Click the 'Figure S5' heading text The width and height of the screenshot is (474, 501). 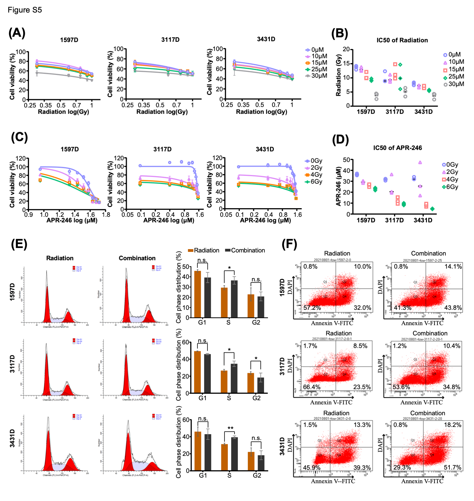tap(25, 10)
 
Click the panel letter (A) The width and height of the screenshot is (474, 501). tap(17, 33)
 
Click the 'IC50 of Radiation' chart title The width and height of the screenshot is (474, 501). tap(402, 40)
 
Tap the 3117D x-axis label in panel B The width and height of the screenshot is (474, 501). tap(395, 112)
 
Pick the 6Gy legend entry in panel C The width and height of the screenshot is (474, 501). tap(313, 182)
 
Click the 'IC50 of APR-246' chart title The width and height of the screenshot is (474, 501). tap(397, 148)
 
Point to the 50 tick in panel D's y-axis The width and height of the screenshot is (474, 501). tap(346, 160)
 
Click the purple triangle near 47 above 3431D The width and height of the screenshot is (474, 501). tap(420, 162)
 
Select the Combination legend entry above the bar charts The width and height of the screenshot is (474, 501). tap(245, 250)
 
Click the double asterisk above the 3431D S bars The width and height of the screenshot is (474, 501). tap(230, 428)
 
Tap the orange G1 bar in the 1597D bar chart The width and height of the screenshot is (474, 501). tap(197, 294)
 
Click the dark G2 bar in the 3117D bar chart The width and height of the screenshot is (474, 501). tap(260, 385)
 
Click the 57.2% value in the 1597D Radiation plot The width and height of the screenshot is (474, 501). tap(312, 308)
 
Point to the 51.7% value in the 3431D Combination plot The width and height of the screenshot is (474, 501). tap(452, 467)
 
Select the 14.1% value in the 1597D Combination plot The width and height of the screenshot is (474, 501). tap(453, 267)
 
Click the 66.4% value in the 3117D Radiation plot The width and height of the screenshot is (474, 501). tap(311, 387)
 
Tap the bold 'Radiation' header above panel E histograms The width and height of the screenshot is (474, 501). tap(60, 258)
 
